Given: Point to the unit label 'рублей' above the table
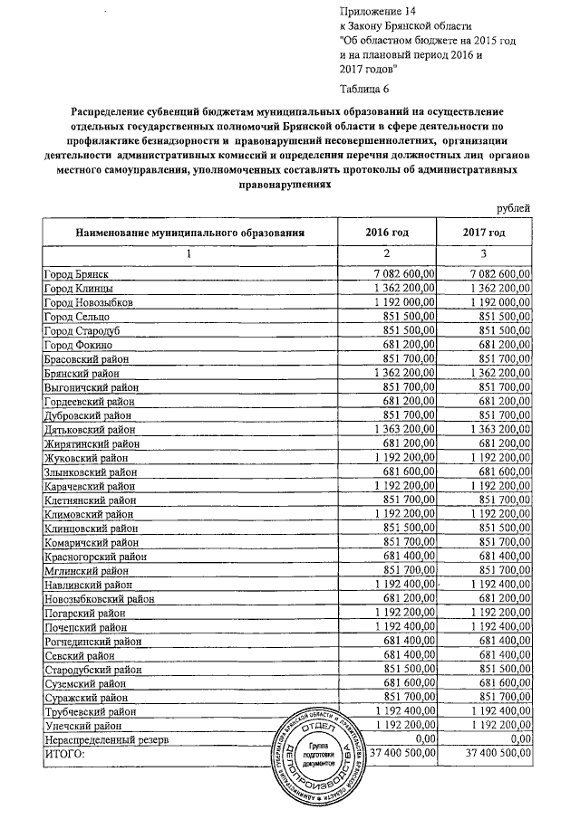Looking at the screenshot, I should [515, 209].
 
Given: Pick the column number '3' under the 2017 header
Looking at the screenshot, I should [484, 253].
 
